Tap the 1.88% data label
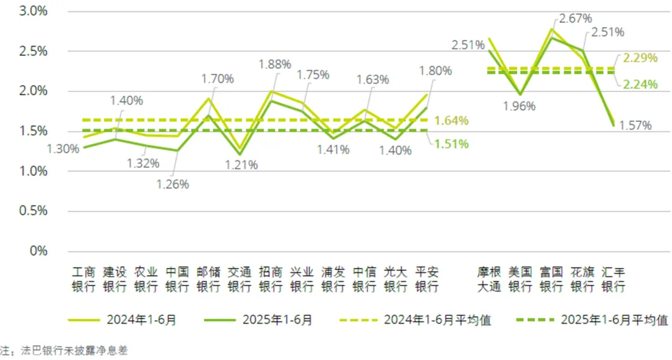coord(275,64)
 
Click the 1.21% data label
coord(241,165)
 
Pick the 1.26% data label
coord(172,184)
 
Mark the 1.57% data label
coord(635,126)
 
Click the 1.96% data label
coord(519,106)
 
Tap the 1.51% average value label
coord(452,144)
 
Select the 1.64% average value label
coord(452,120)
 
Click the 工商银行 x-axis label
coord(84,279)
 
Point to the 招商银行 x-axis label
coord(271,279)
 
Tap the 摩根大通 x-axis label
coord(488,279)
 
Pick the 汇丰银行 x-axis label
coord(613,279)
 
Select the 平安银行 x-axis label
coord(426,279)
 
